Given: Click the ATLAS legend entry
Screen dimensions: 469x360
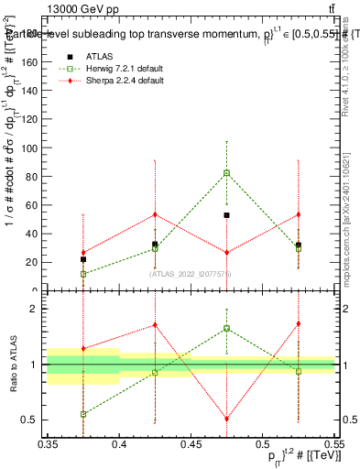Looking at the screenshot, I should click(x=99, y=56).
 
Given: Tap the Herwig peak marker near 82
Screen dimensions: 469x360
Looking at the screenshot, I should click(x=226, y=173).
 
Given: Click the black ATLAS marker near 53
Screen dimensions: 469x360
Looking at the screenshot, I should click(x=226, y=215).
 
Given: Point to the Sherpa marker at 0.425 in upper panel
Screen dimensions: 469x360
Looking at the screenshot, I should click(x=155, y=214).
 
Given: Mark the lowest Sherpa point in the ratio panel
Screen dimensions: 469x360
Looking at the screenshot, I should click(x=226, y=420).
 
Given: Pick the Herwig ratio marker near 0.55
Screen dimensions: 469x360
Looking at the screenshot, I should click(x=83, y=414).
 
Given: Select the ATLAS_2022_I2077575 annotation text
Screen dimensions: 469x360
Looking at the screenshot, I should click(x=191, y=274).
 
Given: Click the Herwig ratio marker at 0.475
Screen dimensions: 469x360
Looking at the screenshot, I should click(x=226, y=328).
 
